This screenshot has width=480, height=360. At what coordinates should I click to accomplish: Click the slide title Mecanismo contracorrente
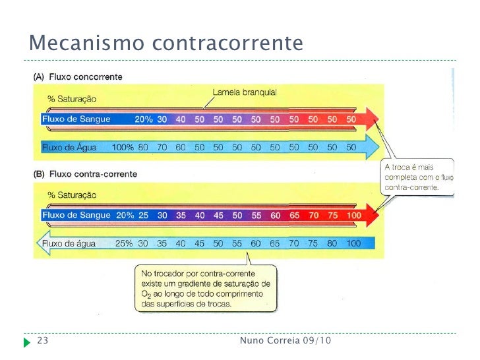(x=165, y=44)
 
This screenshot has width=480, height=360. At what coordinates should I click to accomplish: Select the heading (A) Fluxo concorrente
(x=78, y=77)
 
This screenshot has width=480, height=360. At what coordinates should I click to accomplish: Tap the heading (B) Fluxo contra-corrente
(x=85, y=174)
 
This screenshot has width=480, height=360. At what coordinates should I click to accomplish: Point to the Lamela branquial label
(x=245, y=93)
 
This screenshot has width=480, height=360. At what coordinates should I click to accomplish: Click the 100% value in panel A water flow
(x=123, y=147)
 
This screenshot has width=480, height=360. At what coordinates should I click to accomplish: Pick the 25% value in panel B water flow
(x=124, y=243)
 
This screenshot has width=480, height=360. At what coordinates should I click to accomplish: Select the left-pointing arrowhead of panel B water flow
(x=43, y=243)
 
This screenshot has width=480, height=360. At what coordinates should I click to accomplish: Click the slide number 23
(x=42, y=341)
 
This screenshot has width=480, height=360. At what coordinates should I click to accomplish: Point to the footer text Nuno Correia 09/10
(x=286, y=341)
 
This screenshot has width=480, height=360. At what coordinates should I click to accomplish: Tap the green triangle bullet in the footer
(x=26, y=342)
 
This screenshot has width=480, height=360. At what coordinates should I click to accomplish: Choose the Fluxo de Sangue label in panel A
(x=76, y=119)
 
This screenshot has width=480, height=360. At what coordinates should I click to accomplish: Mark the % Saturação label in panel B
(x=72, y=195)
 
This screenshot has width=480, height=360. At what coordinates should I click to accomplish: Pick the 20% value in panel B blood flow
(x=125, y=215)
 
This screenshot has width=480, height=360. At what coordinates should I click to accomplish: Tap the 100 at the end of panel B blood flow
(x=353, y=215)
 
